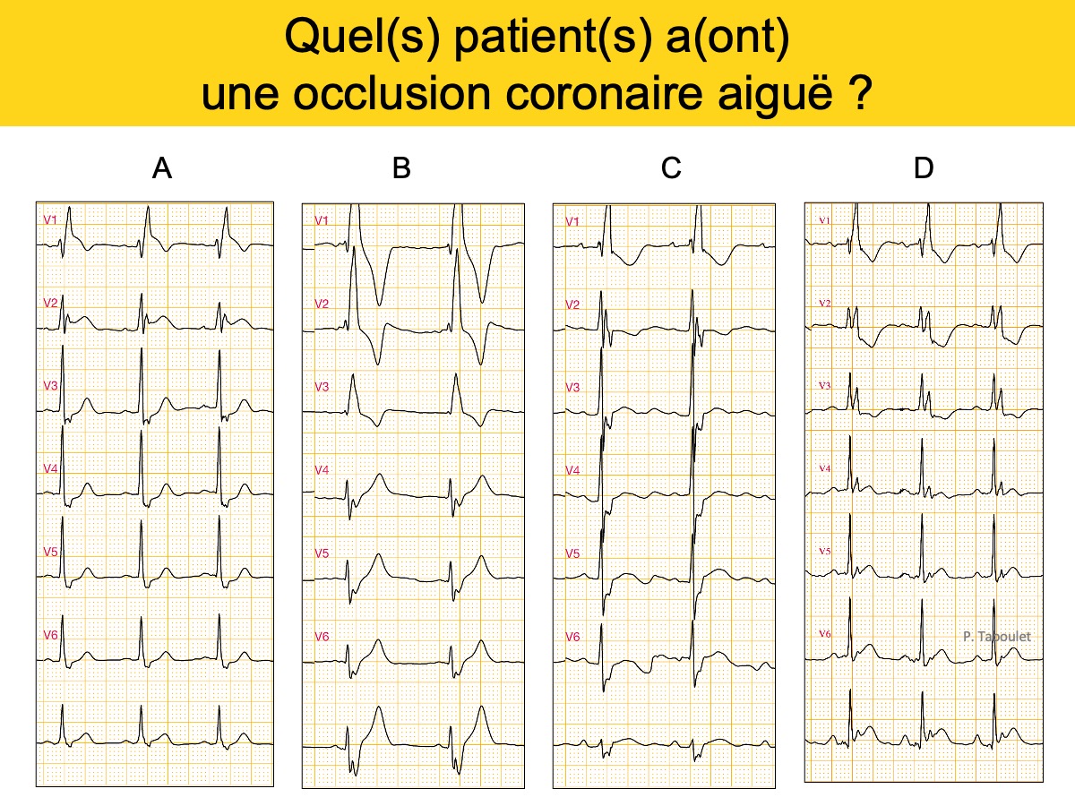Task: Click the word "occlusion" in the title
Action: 391,93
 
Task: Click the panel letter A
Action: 162,168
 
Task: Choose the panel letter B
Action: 401,167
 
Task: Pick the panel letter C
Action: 671,167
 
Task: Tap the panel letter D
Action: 924,167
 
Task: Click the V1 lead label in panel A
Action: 50,220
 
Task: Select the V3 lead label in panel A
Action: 50,386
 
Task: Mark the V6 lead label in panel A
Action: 50,635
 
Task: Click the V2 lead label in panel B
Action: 322,304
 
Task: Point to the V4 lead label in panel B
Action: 322,470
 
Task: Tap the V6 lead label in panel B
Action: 322,637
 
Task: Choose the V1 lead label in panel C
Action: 572,222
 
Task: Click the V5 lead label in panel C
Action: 572,553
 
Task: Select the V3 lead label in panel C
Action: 572,388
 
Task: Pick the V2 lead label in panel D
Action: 825,304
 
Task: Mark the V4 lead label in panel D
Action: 825,468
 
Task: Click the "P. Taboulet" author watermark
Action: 997,636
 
